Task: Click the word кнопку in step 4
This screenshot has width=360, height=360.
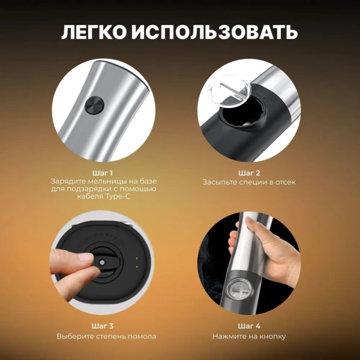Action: tap(274, 336)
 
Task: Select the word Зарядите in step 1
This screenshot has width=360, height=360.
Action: tap(69, 181)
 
